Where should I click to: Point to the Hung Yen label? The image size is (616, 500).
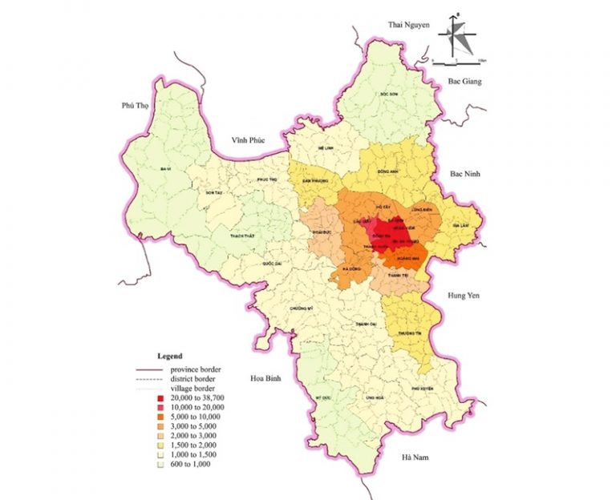[x=462, y=296]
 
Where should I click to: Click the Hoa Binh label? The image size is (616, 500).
[x=266, y=377]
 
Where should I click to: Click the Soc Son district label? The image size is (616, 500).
[x=389, y=94]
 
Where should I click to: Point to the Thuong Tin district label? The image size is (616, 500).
[x=409, y=333]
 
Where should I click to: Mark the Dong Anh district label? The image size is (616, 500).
[x=387, y=171]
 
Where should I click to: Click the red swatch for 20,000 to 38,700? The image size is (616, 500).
[x=160, y=398]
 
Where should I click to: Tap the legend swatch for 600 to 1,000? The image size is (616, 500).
[x=160, y=464]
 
